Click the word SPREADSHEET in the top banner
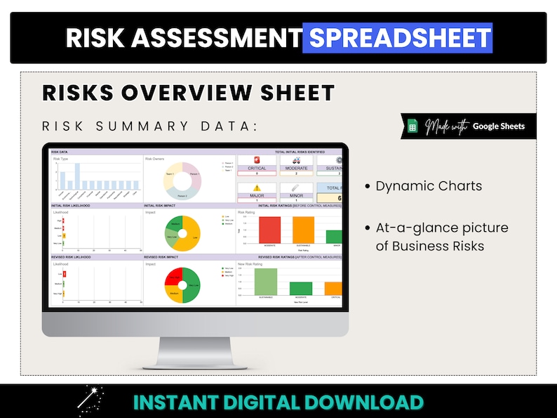[x=397, y=38]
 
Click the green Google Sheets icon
[x=412, y=126]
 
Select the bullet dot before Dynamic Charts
[x=368, y=187]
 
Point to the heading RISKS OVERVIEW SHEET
[x=188, y=93]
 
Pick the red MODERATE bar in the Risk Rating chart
[x=269, y=229]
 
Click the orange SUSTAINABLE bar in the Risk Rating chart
[x=303, y=229]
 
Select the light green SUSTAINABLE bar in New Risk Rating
[x=267, y=281]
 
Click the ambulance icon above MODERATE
[x=296, y=160]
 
